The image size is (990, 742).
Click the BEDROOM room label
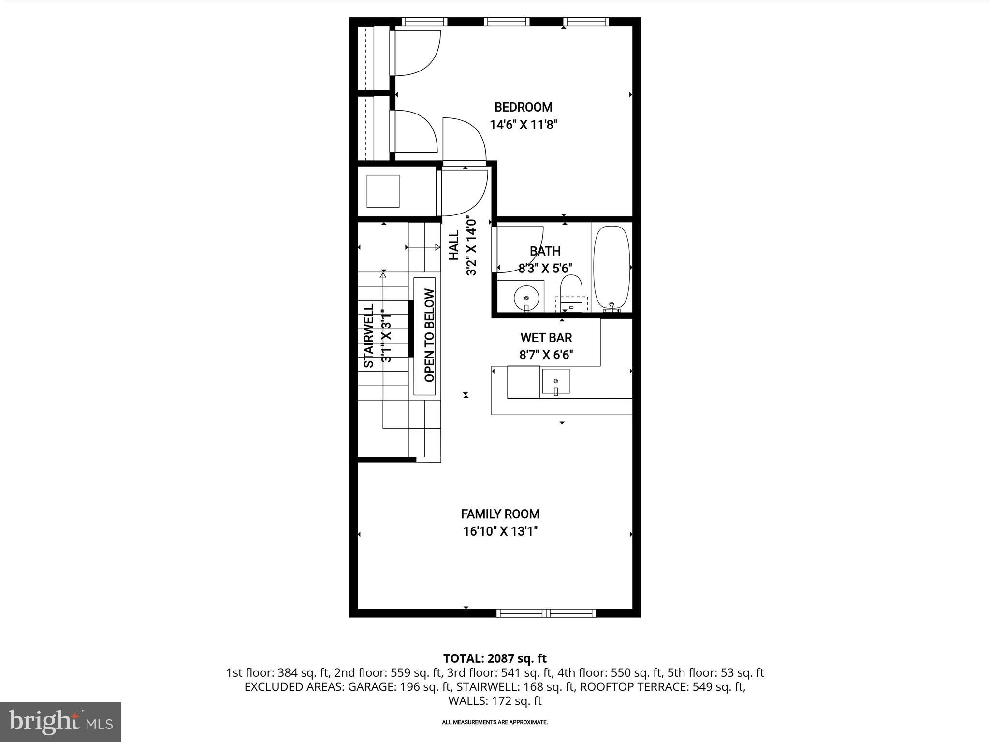(523, 107)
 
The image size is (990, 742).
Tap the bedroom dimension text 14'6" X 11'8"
(524, 125)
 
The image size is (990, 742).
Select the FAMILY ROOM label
(500, 514)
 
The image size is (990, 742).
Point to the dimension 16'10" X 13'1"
(500, 532)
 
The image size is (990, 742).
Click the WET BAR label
(546, 338)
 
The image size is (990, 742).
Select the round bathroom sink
(525, 296)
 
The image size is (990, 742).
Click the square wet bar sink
(555, 381)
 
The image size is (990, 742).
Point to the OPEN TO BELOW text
(429, 335)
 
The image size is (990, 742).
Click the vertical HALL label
(454, 245)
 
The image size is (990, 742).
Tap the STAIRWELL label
(369, 335)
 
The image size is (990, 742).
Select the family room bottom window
(546, 613)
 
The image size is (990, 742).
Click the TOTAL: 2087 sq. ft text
(495, 658)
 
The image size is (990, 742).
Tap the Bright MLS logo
(60, 722)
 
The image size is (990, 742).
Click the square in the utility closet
(383, 191)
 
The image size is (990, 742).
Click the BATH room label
(545, 251)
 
